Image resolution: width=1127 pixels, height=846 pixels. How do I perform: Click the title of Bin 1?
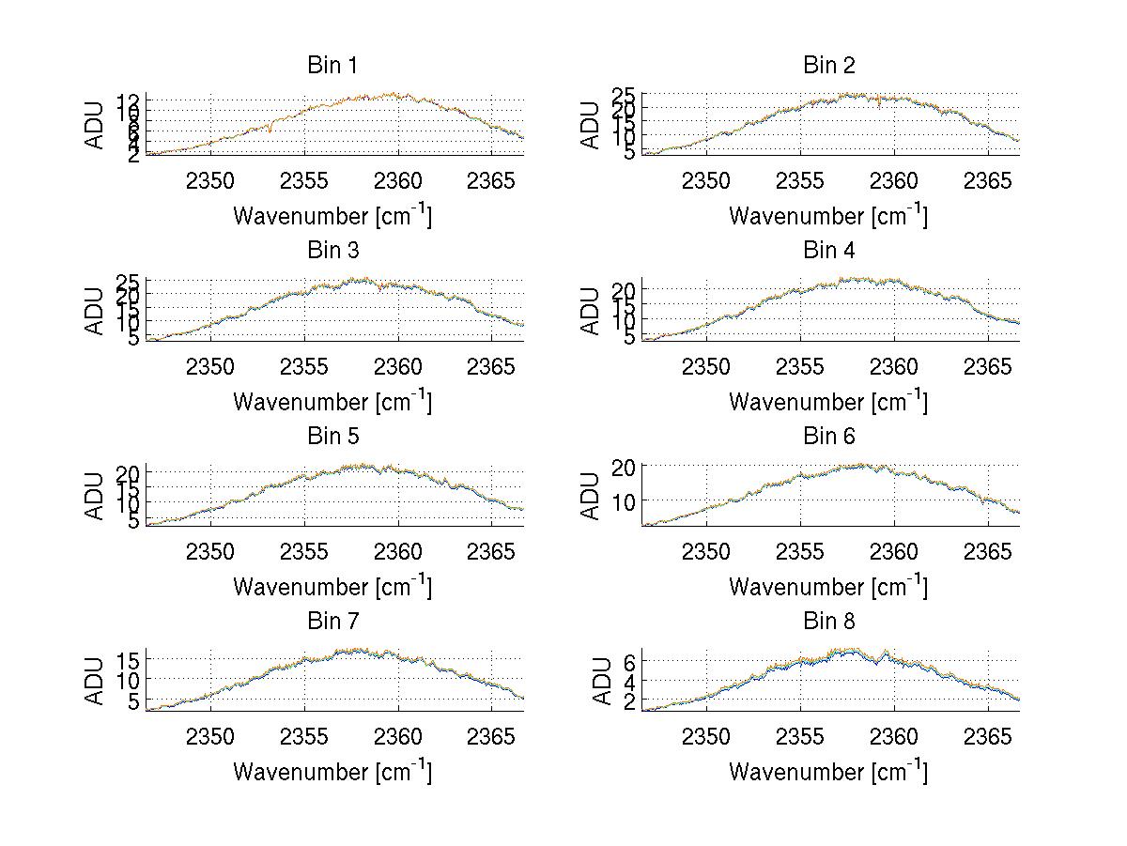click(332, 66)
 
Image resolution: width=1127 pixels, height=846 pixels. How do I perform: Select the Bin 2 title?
click(828, 66)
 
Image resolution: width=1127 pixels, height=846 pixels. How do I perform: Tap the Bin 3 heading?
click(332, 251)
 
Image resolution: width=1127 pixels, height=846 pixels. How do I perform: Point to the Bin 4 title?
click(828, 251)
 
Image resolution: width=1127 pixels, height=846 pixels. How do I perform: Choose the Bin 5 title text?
click(332, 437)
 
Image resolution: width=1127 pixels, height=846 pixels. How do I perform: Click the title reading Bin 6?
click(828, 437)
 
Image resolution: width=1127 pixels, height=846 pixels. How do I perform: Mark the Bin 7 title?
click(332, 622)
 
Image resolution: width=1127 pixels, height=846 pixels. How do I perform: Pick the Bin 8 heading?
click(828, 622)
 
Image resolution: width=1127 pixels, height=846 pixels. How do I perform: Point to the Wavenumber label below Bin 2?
click(828, 216)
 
